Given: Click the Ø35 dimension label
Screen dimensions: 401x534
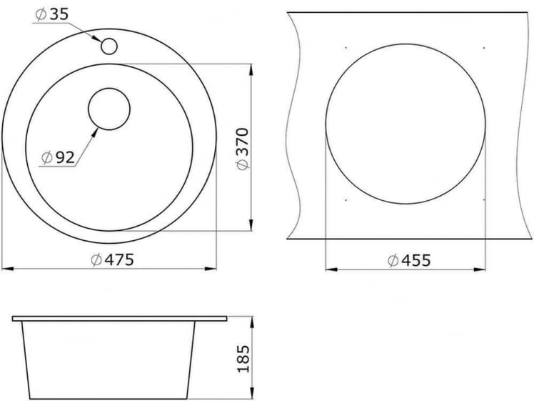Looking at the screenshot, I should click(52, 14).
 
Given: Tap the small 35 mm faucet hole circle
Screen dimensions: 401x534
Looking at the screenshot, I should click(109, 46).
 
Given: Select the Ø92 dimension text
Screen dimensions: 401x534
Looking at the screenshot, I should click(58, 158).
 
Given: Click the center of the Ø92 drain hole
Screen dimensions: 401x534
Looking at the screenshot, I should click(109, 109).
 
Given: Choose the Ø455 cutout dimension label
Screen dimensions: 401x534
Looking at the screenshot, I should click(409, 261).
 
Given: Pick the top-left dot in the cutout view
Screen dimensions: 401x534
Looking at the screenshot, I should click(344, 47).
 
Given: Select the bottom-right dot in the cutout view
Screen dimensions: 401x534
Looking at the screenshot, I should click(484, 199).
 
